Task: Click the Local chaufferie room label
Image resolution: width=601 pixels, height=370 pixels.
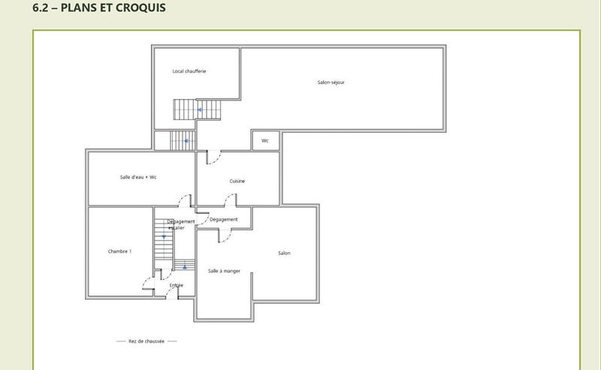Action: tap(189, 71)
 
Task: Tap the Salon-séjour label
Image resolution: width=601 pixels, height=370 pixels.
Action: tap(331, 82)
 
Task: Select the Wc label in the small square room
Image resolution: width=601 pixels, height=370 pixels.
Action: tap(265, 140)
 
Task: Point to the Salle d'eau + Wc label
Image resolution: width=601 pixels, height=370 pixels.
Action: tap(138, 177)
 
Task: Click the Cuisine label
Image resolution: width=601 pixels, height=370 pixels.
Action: tap(237, 181)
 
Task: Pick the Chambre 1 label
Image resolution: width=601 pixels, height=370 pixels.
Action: tap(120, 251)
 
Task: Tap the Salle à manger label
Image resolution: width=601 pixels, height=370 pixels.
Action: tap(224, 271)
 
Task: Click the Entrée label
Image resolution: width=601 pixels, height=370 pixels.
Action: tap(177, 285)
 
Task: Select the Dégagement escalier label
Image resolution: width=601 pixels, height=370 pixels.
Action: tap(180, 224)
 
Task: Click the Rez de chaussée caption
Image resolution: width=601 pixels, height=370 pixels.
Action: tap(146, 341)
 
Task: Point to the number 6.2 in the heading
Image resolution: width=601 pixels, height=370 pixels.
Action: tap(43, 8)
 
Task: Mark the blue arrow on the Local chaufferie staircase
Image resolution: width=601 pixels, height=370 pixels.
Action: tap(200, 110)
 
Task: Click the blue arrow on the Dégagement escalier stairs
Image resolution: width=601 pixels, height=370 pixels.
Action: tap(164, 236)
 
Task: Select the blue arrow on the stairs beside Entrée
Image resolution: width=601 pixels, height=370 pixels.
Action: tap(185, 266)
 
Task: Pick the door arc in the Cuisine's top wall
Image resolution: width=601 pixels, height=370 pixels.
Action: tap(213, 158)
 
